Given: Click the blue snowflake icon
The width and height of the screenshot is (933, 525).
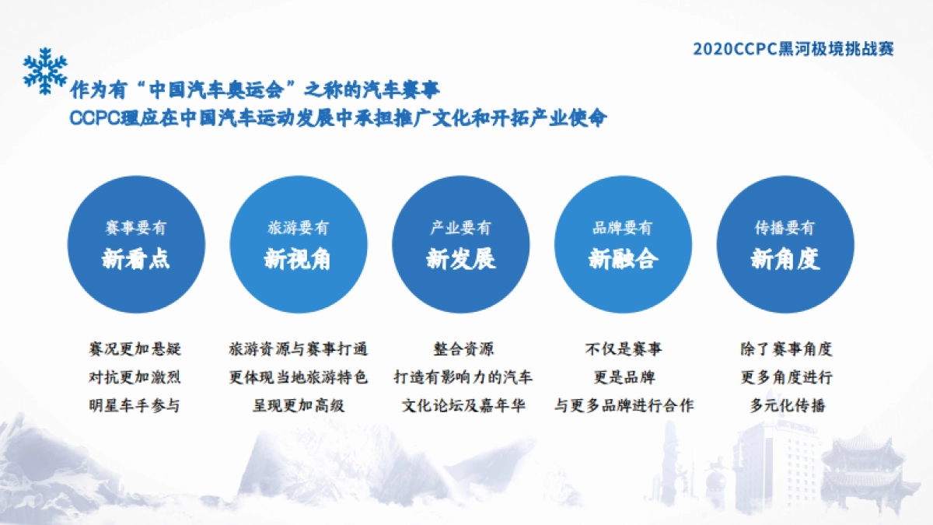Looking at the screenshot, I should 45,71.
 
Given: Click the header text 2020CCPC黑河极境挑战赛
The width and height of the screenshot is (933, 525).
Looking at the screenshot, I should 793,49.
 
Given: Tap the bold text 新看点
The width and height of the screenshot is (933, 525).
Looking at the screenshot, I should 136,259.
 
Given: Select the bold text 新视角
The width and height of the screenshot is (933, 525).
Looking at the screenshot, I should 298,259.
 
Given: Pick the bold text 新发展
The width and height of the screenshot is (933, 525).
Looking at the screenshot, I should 460,259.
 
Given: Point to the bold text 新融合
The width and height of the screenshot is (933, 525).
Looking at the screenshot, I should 623,259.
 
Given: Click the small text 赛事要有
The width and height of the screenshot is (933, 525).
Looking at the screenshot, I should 136,228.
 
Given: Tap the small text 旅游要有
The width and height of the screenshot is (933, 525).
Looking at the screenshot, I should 298,228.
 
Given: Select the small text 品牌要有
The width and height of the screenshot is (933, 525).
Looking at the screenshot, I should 623,228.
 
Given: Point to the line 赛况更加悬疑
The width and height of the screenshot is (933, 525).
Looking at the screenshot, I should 135,349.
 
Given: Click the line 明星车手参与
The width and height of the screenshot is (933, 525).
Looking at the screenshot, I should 135,405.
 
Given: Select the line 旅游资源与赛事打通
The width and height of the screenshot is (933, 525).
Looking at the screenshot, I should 298,349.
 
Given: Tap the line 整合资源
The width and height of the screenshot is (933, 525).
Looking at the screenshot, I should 463,349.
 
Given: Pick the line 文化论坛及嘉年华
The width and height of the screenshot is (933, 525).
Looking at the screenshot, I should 463,405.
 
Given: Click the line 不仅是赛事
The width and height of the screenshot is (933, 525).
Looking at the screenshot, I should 624,349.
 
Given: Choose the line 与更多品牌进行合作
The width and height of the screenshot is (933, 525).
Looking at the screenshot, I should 624,405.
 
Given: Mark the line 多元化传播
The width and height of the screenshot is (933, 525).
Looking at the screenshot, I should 787,405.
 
